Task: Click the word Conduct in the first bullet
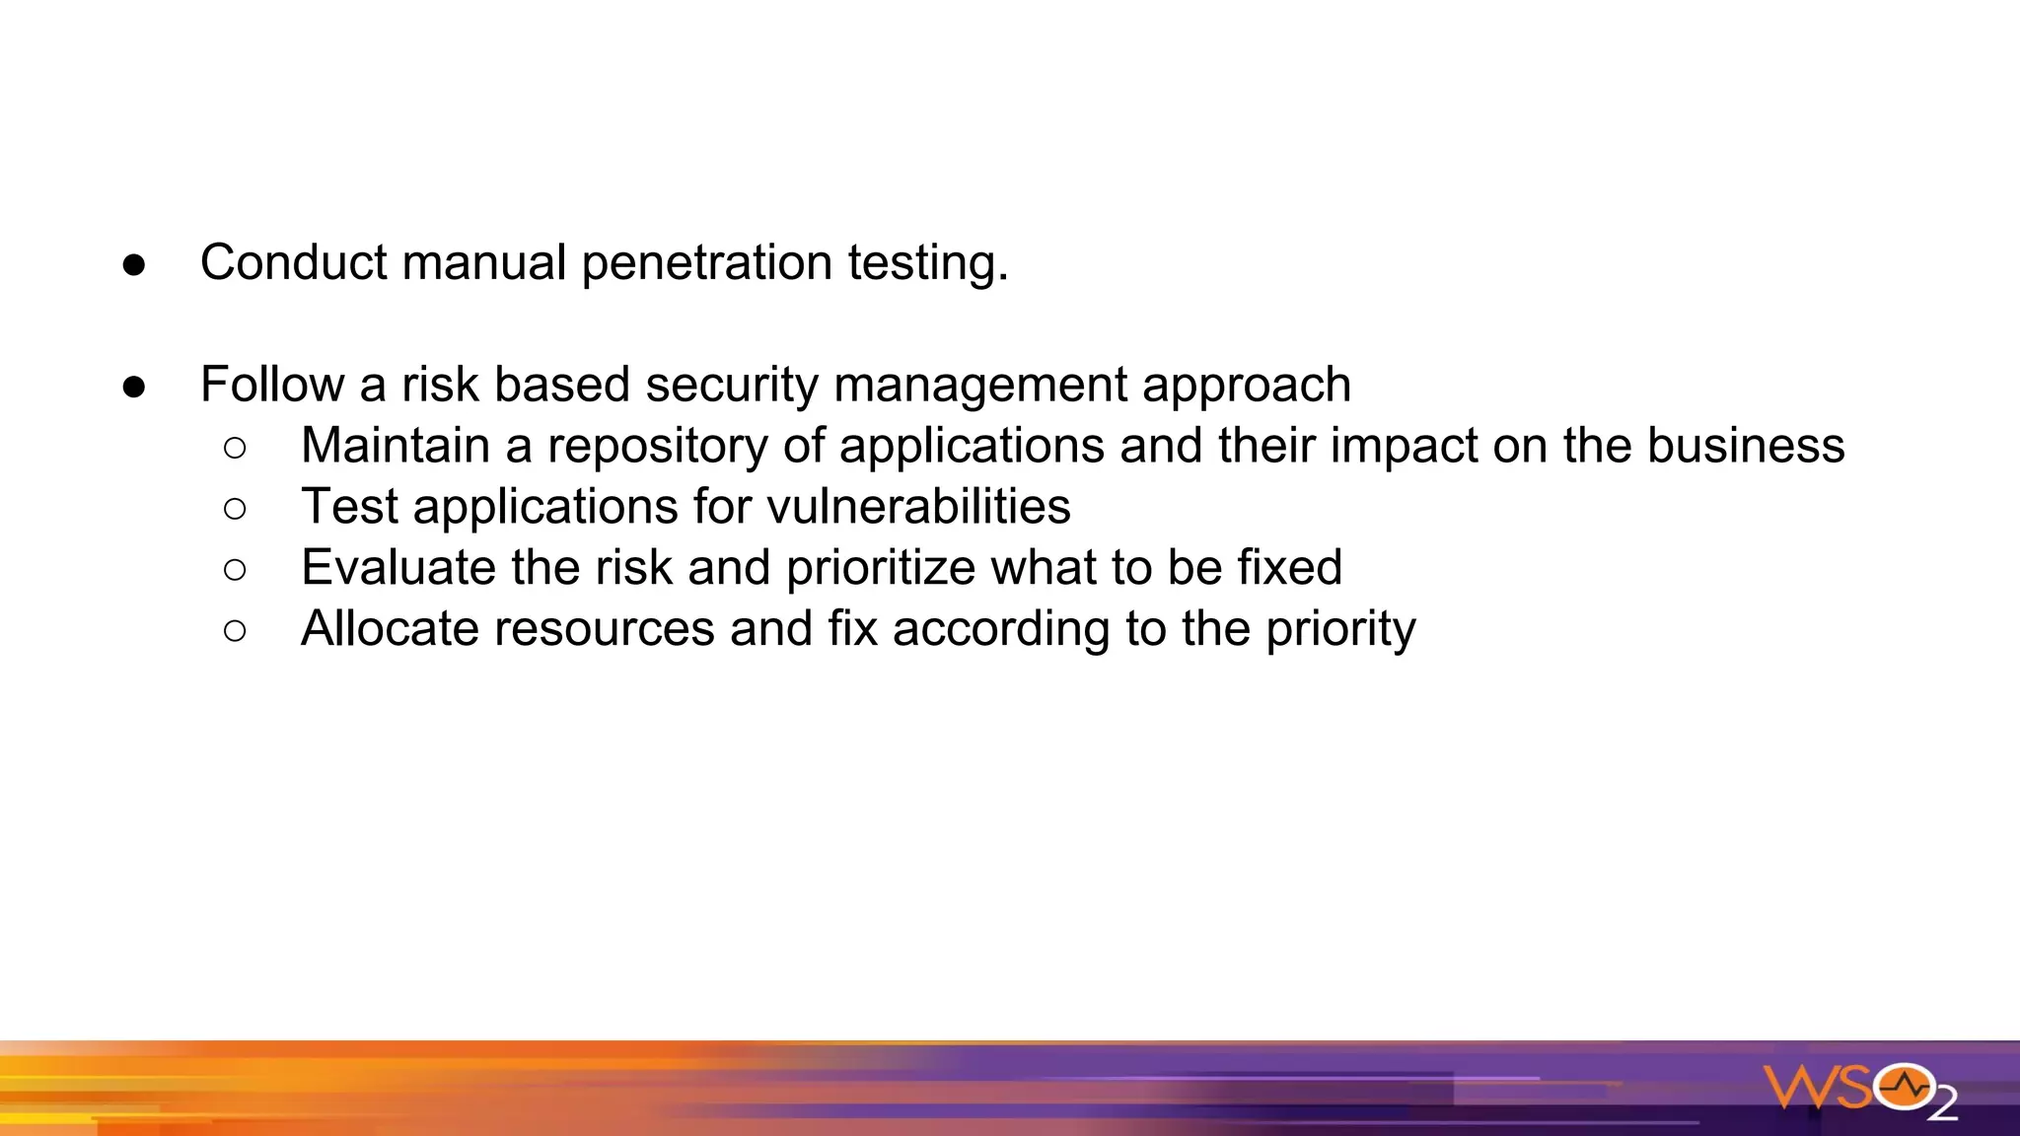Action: tap(293, 263)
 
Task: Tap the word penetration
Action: tap(706, 263)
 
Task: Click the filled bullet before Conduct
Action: tap(134, 265)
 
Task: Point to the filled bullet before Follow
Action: tap(134, 388)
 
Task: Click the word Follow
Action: tap(271, 385)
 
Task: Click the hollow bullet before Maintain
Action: tap(235, 449)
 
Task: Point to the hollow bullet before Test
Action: tap(235, 510)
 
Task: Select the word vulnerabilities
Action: tap(917, 507)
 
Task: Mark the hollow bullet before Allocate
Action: tap(235, 631)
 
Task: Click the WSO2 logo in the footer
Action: tap(1860, 1091)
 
